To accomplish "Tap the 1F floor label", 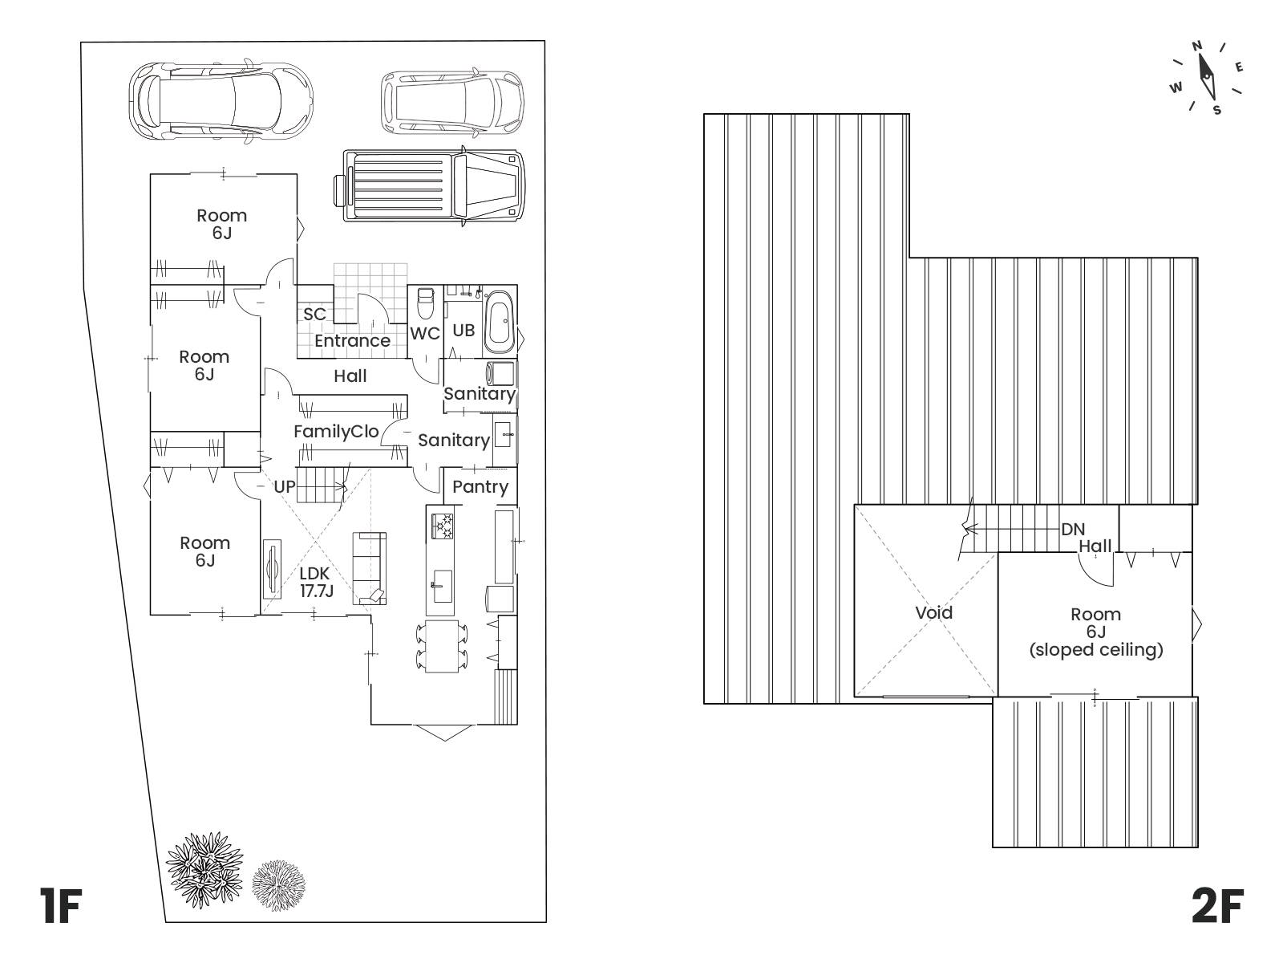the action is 61,906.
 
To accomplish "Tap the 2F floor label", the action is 1217,906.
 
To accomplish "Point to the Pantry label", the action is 480,487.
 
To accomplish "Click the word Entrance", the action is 352,341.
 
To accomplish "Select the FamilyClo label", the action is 336,432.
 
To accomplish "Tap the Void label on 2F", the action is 933,613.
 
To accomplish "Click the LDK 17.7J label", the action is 316,583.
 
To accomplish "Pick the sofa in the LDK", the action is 369,568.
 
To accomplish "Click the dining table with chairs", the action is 441,646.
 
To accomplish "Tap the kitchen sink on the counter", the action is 443,586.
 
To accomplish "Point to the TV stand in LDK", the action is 273,568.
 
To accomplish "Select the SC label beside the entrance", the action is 314,315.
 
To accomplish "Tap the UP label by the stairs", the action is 285,486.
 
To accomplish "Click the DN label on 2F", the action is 1073,530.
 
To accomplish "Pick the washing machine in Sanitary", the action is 500,373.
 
